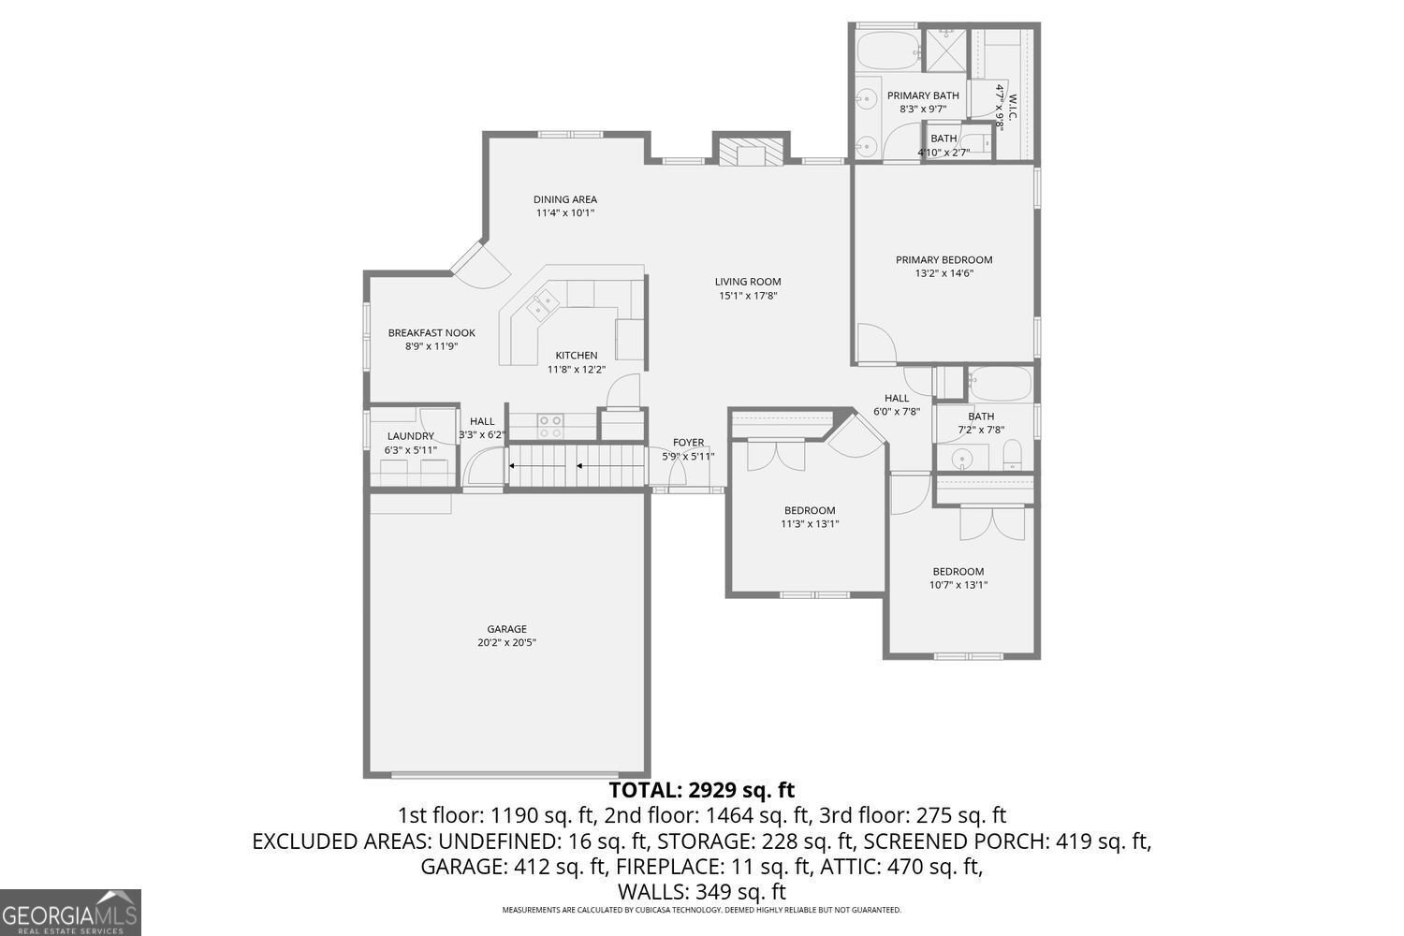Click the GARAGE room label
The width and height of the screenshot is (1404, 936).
(x=506, y=629)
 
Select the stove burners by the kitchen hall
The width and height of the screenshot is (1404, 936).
(x=550, y=427)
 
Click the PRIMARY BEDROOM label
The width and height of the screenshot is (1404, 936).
(x=943, y=260)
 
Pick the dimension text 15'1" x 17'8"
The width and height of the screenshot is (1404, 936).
(x=748, y=296)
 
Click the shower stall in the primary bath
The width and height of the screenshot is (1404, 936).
(x=944, y=50)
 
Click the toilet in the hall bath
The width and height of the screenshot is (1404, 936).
(x=1013, y=456)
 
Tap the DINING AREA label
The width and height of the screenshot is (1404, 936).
(x=565, y=199)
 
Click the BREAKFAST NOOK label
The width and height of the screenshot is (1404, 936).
(x=431, y=332)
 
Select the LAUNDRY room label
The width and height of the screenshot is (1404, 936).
(x=410, y=436)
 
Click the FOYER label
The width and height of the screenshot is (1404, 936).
(x=688, y=443)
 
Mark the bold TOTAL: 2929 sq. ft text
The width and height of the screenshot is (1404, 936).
(x=701, y=790)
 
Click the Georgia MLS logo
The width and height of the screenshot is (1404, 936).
(x=70, y=913)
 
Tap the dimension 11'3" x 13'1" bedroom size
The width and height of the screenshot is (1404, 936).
(x=810, y=524)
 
